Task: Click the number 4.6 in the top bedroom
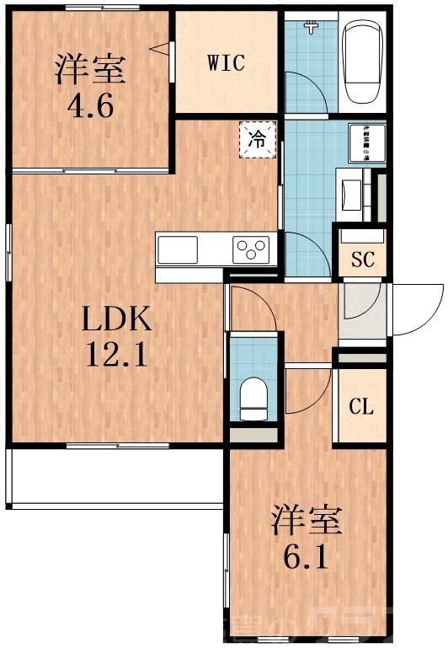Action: click(91, 107)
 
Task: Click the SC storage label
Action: click(362, 260)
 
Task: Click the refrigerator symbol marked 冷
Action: click(259, 140)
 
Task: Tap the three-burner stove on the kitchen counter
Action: click(252, 249)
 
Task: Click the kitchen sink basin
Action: click(178, 249)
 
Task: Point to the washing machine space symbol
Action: click(366, 143)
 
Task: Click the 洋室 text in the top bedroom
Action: click(91, 68)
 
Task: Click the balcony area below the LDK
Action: click(115, 476)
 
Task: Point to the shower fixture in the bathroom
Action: click(313, 28)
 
